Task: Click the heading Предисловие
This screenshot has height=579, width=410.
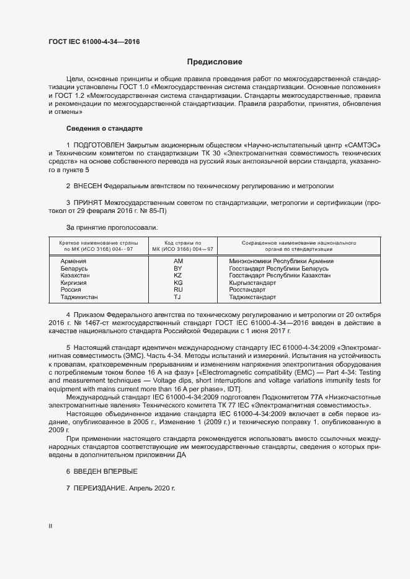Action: [x=215, y=62]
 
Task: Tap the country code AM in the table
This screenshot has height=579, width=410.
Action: [x=178, y=261]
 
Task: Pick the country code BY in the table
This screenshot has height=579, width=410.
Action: [x=178, y=268]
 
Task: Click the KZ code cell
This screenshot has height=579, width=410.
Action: [x=178, y=275]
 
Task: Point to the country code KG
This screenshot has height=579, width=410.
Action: [x=178, y=282]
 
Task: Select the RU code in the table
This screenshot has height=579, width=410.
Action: [x=178, y=289]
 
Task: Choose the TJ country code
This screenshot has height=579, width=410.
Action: [x=177, y=297]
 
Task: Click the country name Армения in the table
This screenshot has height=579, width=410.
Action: [x=73, y=261]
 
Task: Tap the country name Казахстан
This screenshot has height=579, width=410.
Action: [x=76, y=275]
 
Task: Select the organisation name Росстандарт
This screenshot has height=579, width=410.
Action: [x=247, y=289]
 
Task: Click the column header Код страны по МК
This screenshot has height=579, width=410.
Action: [x=182, y=242]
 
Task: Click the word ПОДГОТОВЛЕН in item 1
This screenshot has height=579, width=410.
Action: [x=99, y=144]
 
